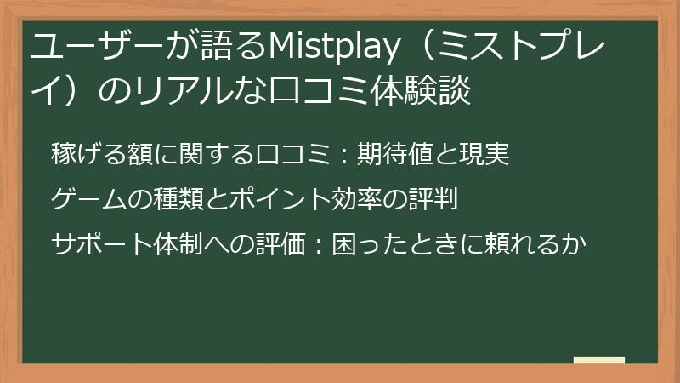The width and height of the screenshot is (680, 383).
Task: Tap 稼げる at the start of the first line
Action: tap(89, 155)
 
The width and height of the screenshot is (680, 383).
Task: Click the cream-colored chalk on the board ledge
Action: tap(598, 360)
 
